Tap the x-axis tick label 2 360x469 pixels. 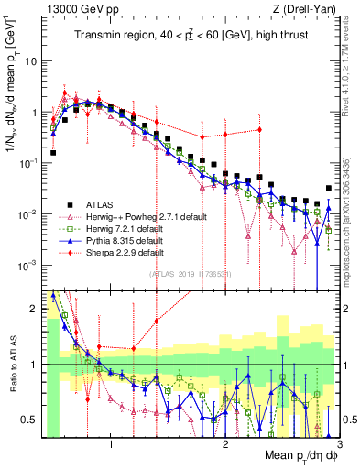coord(225,446)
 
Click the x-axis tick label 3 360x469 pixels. coord(339,446)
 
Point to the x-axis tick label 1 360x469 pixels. coord(111,446)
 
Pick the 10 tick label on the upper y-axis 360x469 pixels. coord(31,61)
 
